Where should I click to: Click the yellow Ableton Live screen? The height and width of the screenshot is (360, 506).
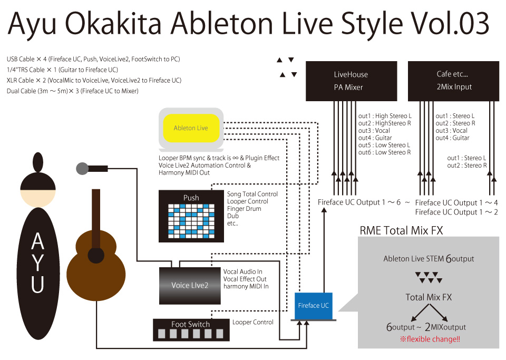click(x=191, y=128)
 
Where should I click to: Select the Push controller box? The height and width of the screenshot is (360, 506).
click(x=191, y=216)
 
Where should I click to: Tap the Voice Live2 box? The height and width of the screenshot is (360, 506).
click(x=190, y=285)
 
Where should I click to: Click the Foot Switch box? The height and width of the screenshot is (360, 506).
click(x=190, y=329)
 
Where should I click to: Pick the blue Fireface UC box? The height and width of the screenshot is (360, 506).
click(x=313, y=306)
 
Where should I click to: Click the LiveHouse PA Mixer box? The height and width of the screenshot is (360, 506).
click(x=351, y=81)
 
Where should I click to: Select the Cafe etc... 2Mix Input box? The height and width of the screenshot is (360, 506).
click(x=454, y=81)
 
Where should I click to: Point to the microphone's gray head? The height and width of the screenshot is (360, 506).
click(x=82, y=169)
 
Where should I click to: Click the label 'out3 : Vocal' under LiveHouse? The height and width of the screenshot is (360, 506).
click(x=374, y=130)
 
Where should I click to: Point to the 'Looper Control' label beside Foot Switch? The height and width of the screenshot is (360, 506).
click(x=253, y=322)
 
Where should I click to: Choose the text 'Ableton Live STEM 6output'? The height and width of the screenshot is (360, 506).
click(x=429, y=259)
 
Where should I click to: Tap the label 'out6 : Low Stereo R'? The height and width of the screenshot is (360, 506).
click(x=385, y=152)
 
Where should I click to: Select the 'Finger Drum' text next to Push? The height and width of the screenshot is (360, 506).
click(x=244, y=209)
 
